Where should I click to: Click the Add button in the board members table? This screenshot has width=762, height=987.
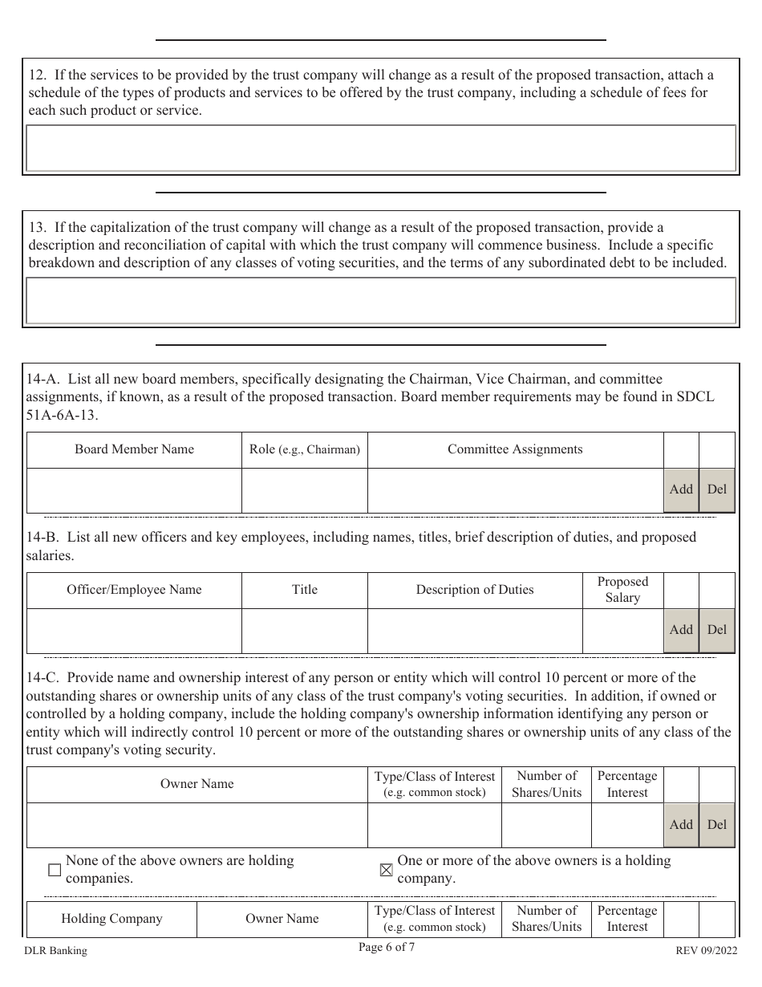pos(681,489)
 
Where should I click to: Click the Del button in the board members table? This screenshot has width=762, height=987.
pos(717,489)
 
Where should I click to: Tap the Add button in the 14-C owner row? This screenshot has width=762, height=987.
pos(681,825)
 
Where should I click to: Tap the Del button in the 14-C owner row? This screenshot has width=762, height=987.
pos(717,825)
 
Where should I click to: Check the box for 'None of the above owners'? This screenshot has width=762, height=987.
pos(55,870)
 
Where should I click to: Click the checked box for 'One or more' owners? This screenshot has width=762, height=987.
pos(386,870)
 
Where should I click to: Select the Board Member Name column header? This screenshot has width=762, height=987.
pos(134,449)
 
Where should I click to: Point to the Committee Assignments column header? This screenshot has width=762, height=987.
pos(515,449)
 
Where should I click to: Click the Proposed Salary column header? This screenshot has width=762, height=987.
pos(622,590)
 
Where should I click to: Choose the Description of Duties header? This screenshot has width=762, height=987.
pos(474,590)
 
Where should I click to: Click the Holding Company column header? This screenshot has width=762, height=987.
pos(111,919)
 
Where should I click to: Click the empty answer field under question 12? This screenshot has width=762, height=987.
pos(381,148)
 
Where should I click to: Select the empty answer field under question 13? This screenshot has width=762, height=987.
pos(381,301)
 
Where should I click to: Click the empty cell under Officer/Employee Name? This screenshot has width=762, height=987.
pos(134,631)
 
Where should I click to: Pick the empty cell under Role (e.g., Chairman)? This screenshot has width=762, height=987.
pos(304,490)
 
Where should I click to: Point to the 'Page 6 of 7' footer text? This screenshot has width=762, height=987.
pos(387,947)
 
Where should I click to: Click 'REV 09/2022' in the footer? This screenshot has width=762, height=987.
pos(705,951)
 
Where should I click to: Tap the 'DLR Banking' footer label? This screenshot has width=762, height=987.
pos(56,951)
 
